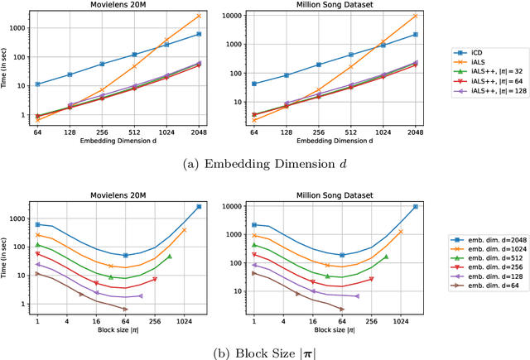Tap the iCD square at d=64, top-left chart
point(37,84)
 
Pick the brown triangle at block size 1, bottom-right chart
point(254,272)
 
